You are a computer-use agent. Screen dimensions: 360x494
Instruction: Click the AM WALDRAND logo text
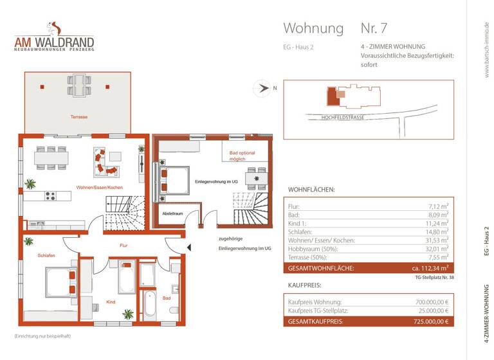coord(54,43)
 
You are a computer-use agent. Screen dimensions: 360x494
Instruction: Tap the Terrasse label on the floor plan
coord(79,117)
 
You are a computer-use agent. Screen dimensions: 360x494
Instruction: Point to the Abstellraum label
coord(172,213)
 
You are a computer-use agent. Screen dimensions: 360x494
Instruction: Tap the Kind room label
coord(111,301)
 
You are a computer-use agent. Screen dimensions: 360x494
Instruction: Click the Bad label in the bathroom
coord(167,298)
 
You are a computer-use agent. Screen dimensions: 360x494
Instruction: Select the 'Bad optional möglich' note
coord(242,156)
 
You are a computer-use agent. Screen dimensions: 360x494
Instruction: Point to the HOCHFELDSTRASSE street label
coord(343,118)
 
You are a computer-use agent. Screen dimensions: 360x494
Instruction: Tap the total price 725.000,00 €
coord(428,321)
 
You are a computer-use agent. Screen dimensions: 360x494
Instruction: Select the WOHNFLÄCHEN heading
coord(311,190)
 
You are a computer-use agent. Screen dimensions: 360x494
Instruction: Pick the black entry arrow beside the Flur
coord(188,246)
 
